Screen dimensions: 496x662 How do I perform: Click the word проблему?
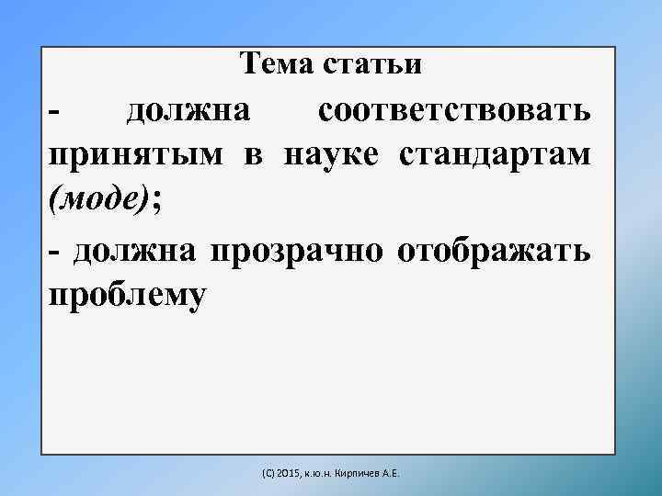click(x=129, y=296)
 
